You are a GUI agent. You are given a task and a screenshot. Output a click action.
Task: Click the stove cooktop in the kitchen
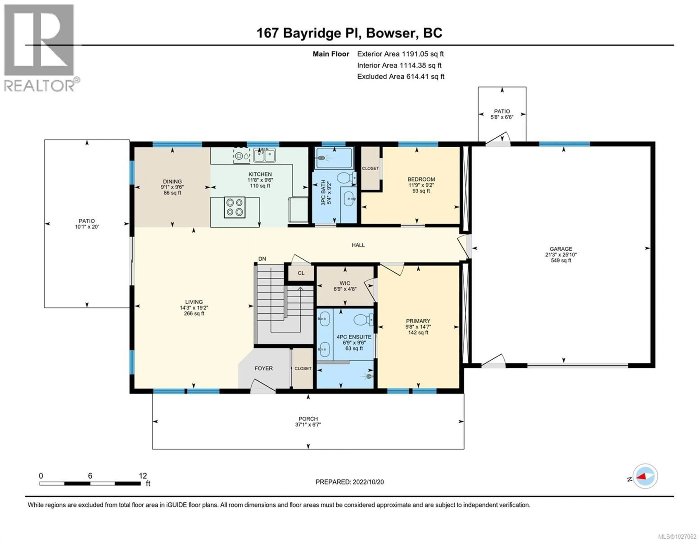coord(234,207)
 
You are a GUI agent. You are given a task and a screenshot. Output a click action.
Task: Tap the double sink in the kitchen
coord(264,156)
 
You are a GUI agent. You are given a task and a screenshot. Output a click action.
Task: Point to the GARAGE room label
coord(561,249)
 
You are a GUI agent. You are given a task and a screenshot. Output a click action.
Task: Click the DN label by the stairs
coord(262,259)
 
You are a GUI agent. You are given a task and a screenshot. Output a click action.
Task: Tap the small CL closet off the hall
coord(301,273)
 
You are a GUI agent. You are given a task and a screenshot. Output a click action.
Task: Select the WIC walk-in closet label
coord(345,283)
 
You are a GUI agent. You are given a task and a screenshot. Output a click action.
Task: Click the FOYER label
coord(263,368)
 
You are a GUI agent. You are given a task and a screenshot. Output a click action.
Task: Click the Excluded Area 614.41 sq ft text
coord(400,76)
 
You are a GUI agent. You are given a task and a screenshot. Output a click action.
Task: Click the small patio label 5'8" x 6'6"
coord(502,117)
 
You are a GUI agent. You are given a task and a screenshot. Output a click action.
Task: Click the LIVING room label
coord(194,302)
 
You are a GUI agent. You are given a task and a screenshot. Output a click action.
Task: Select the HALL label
coord(358,245)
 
